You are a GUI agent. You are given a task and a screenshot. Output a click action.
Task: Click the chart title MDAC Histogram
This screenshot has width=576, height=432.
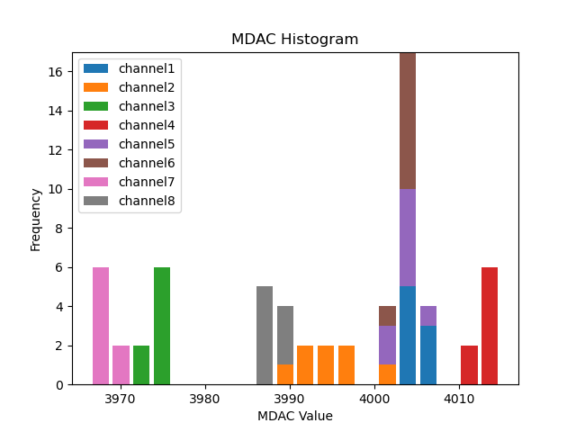tap(294, 40)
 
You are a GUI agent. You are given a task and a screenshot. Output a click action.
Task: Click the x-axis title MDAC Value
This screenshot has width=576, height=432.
tap(294, 416)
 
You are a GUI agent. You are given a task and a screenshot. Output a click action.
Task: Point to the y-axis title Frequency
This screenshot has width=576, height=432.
tap(36, 219)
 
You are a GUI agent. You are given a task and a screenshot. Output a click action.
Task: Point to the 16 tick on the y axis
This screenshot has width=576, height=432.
tap(56, 72)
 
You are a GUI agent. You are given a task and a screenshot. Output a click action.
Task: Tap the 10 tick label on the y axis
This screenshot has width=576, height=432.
tap(56, 189)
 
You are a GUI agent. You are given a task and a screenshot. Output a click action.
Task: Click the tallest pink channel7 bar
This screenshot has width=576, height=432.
tap(101, 326)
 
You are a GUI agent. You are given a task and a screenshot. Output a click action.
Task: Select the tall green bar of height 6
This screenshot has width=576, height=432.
tap(162, 326)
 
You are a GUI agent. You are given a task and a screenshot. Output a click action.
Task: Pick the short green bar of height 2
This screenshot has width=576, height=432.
tap(141, 364)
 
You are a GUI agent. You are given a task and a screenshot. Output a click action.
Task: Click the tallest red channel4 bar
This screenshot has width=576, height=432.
tap(490, 326)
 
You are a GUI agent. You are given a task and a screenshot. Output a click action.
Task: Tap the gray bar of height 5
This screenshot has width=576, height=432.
tap(265, 335)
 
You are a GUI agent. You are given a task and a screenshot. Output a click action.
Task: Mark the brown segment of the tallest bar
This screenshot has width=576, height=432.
tap(408, 121)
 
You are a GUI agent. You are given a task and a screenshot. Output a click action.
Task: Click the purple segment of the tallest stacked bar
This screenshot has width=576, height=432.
tap(408, 238)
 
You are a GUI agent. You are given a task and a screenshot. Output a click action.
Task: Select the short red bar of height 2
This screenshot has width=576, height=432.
tap(469, 364)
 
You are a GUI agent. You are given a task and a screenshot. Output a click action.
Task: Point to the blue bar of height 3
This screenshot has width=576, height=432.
tap(428, 355)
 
